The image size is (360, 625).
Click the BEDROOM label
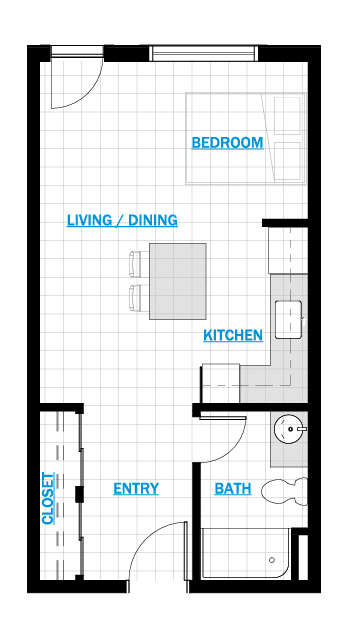pos(227,143)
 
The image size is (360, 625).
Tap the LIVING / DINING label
pos(122,220)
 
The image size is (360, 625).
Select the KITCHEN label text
pos(233,335)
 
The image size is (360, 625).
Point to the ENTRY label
pos(136,488)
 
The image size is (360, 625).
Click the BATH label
pos(233,488)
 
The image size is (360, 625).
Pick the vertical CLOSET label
pos(48,499)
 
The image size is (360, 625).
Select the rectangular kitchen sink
pos(288,320)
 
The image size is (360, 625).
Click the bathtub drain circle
pos(272,560)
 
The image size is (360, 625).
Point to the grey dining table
pos(178,281)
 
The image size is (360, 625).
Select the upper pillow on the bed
pos(287,116)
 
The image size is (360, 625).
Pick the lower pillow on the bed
pos(287,161)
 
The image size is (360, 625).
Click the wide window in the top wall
pos(204,53)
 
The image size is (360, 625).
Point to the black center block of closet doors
pos(79,493)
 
